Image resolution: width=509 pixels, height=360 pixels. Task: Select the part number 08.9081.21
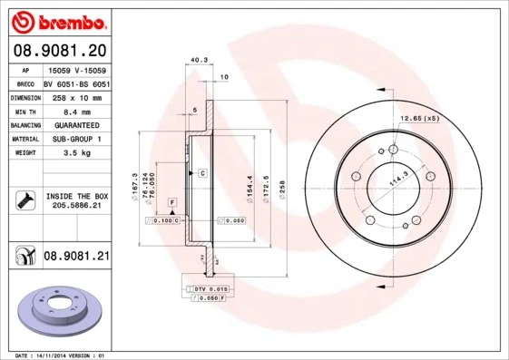click(76, 258)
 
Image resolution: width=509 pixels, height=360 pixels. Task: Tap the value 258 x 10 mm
click(76, 96)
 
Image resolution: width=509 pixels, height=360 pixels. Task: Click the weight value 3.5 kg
click(76, 154)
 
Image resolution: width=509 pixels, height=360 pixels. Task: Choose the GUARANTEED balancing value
click(76, 124)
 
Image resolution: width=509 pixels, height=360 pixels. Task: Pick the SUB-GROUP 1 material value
click(76, 139)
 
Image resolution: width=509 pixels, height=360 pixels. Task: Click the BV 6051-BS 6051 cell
click(76, 82)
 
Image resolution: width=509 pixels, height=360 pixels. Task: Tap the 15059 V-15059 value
click(76, 68)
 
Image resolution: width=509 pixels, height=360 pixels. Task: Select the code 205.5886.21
click(76, 207)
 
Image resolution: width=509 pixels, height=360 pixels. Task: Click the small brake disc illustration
click(56, 313)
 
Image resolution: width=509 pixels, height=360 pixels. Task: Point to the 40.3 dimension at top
click(196, 62)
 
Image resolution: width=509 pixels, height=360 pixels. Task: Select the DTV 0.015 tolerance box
click(207, 287)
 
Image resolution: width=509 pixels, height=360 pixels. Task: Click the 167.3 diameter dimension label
click(134, 185)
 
